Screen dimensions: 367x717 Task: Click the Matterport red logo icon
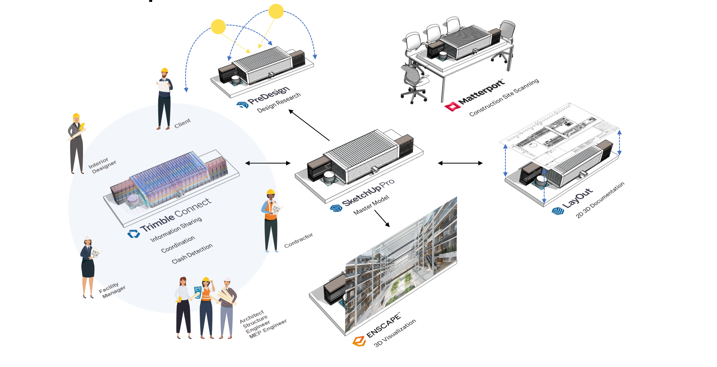coord(452,106)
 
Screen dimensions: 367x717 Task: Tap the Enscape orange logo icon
coord(359,341)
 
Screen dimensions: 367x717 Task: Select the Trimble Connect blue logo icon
coord(134,234)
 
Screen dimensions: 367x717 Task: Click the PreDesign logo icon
coord(242,104)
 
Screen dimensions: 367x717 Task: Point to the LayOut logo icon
coord(558,210)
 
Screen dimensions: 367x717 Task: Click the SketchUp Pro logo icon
coord(336,208)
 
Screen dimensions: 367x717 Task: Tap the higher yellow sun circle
coord(276,11)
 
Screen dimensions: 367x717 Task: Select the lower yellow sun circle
coord(218,26)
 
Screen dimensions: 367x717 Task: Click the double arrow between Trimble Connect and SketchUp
coord(268,163)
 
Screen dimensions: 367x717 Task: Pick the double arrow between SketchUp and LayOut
coord(460,163)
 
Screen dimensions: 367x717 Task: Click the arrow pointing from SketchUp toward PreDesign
coord(309,125)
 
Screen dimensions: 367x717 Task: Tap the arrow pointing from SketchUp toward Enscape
coord(382,218)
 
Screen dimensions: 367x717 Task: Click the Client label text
coord(182,123)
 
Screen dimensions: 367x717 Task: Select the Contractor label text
coord(298,240)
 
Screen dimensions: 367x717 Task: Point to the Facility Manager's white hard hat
coord(87,238)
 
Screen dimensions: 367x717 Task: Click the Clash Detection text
coord(192,254)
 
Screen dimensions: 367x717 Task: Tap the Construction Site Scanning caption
coord(504,98)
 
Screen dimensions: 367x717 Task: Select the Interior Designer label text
coord(102,165)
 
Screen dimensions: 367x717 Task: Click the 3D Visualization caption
coord(395,333)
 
